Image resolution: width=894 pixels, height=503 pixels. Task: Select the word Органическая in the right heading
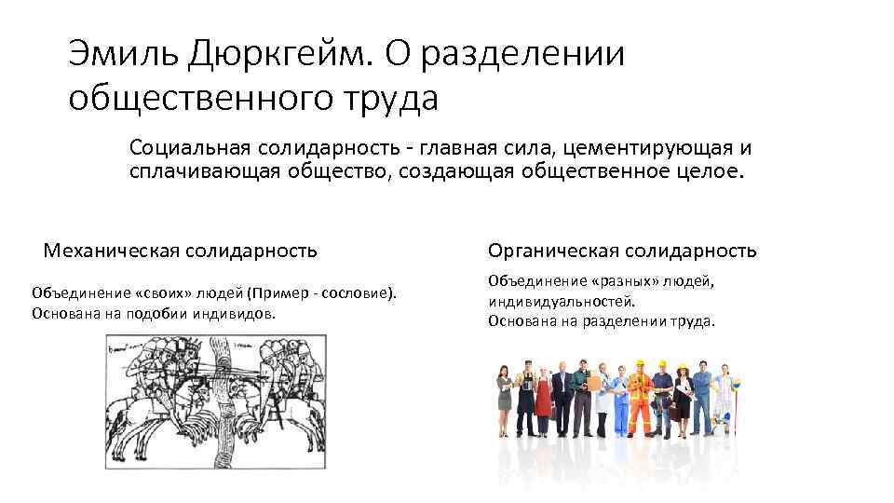(553, 251)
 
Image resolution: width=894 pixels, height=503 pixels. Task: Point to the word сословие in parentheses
(358, 293)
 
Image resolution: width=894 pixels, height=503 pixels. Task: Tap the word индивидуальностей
(560, 301)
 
